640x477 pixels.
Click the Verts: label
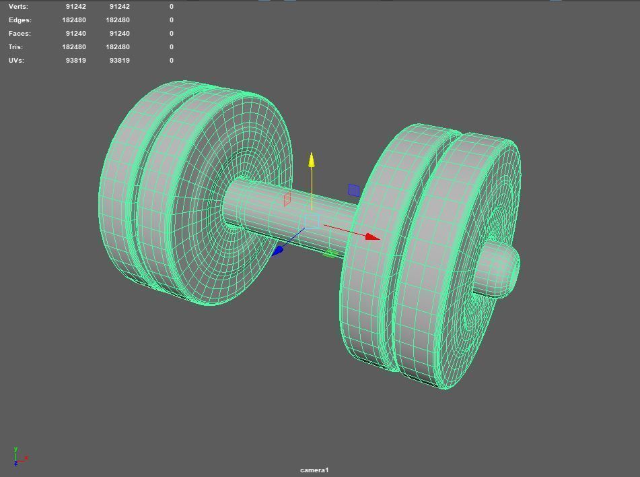point(19,7)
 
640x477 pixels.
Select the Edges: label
point(20,20)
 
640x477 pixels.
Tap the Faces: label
point(20,34)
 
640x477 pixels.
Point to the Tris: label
point(15,47)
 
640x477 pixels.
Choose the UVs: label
point(16,61)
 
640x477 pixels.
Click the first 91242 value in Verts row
point(75,7)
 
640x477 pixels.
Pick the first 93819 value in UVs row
point(75,61)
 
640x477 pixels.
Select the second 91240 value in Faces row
point(118,34)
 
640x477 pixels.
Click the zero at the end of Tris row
point(172,47)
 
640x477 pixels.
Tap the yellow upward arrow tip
point(312,160)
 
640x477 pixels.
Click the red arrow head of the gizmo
point(372,236)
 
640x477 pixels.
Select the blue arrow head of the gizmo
point(278,251)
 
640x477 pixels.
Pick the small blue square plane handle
point(354,191)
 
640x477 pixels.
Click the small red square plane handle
point(287,199)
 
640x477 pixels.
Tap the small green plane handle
point(329,254)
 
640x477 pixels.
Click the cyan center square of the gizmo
point(311,222)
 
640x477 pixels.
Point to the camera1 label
point(314,470)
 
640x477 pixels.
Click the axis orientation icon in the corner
point(18,457)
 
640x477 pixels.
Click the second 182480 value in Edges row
point(118,20)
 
